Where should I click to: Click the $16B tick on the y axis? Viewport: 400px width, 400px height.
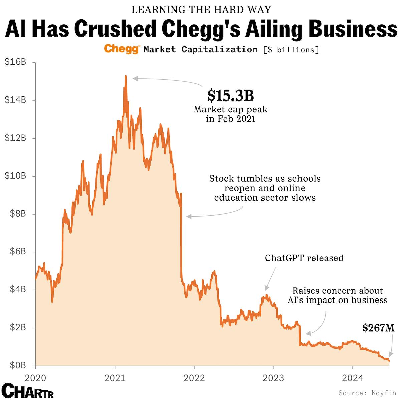(x=15, y=62)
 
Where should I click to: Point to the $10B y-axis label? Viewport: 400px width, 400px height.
(x=15, y=176)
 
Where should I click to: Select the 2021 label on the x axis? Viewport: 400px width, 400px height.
(x=115, y=378)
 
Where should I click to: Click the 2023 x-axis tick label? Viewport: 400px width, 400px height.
(x=273, y=378)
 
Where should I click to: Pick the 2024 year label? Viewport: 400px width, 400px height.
(x=353, y=378)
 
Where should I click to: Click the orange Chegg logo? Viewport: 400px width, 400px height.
(x=122, y=49)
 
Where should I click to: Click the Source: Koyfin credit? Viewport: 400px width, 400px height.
(x=367, y=393)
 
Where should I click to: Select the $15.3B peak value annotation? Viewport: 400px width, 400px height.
(x=230, y=95)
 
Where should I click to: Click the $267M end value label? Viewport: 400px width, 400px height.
(x=378, y=328)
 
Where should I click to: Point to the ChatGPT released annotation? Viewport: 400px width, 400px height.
(x=304, y=258)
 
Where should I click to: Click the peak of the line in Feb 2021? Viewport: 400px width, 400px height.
(x=126, y=76)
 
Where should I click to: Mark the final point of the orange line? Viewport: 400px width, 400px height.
(x=389, y=360)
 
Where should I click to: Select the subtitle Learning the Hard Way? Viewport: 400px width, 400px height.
(x=201, y=10)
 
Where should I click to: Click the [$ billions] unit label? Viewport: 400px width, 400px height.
(x=291, y=50)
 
